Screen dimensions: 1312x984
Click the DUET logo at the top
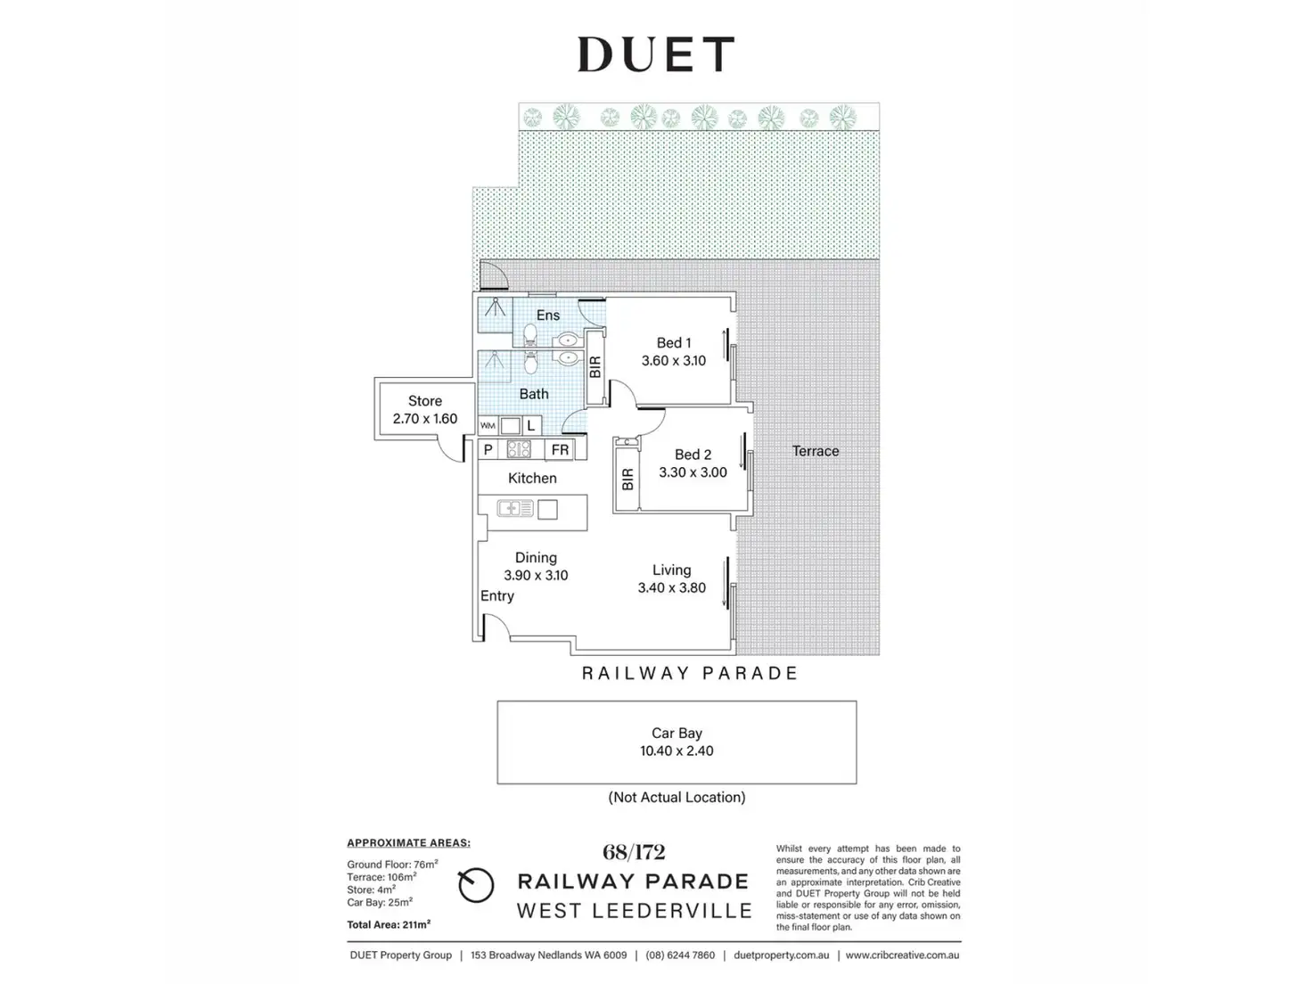click(655, 54)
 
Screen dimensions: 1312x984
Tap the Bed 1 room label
click(673, 343)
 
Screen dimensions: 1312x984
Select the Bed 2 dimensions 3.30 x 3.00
click(693, 472)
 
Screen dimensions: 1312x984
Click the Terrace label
click(816, 451)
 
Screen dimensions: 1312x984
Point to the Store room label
click(425, 401)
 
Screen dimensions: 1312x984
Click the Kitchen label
click(532, 479)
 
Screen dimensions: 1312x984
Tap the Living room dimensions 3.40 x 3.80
click(671, 588)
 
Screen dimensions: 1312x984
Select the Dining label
click(536, 558)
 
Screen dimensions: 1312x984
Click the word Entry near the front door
click(497, 596)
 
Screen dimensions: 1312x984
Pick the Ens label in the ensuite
click(548, 316)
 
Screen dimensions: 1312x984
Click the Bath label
click(534, 394)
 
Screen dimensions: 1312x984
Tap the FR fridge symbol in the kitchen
click(560, 450)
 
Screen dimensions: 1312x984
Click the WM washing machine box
click(488, 426)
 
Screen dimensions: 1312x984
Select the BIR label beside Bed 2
click(627, 480)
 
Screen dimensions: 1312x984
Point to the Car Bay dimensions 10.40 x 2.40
click(676, 751)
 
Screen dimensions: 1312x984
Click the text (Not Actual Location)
click(676, 798)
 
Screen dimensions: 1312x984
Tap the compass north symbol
click(476, 886)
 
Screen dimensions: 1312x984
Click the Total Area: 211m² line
click(389, 925)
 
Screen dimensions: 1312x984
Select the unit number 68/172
click(634, 853)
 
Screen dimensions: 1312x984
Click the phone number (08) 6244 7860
click(680, 955)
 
